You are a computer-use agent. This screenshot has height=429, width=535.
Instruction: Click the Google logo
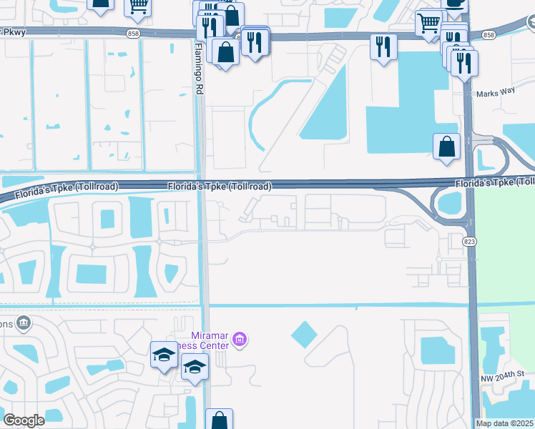click(24, 420)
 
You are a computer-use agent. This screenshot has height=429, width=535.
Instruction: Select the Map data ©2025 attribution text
click(505, 423)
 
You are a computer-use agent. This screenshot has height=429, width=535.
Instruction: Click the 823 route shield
click(468, 242)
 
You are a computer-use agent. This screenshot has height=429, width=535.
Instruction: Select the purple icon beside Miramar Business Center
click(240, 340)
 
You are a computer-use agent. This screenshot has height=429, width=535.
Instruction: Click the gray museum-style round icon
click(23, 323)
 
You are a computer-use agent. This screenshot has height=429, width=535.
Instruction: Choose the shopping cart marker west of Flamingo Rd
click(137, 7)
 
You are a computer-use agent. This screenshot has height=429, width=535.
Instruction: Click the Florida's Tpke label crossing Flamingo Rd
click(220, 187)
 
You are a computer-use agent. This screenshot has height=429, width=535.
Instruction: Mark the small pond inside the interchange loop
click(450, 204)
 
